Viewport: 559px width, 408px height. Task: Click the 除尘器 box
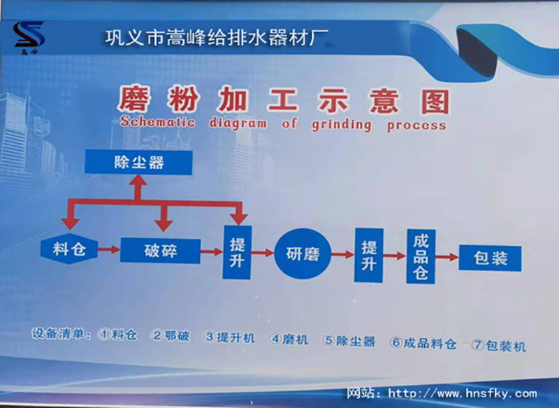click(x=138, y=163)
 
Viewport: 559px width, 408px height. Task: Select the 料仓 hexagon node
click(x=68, y=249)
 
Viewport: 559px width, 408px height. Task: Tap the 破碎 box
click(x=161, y=250)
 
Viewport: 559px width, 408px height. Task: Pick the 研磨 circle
click(x=303, y=254)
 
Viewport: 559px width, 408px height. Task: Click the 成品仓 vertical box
click(x=421, y=256)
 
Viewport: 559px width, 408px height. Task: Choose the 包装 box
click(x=491, y=258)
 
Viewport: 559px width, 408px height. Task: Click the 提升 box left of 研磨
click(x=237, y=252)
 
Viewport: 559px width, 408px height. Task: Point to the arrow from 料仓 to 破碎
click(x=108, y=249)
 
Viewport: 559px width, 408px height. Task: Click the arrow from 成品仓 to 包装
click(x=447, y=258)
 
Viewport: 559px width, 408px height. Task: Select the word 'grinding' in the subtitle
click(x=341, y=125)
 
